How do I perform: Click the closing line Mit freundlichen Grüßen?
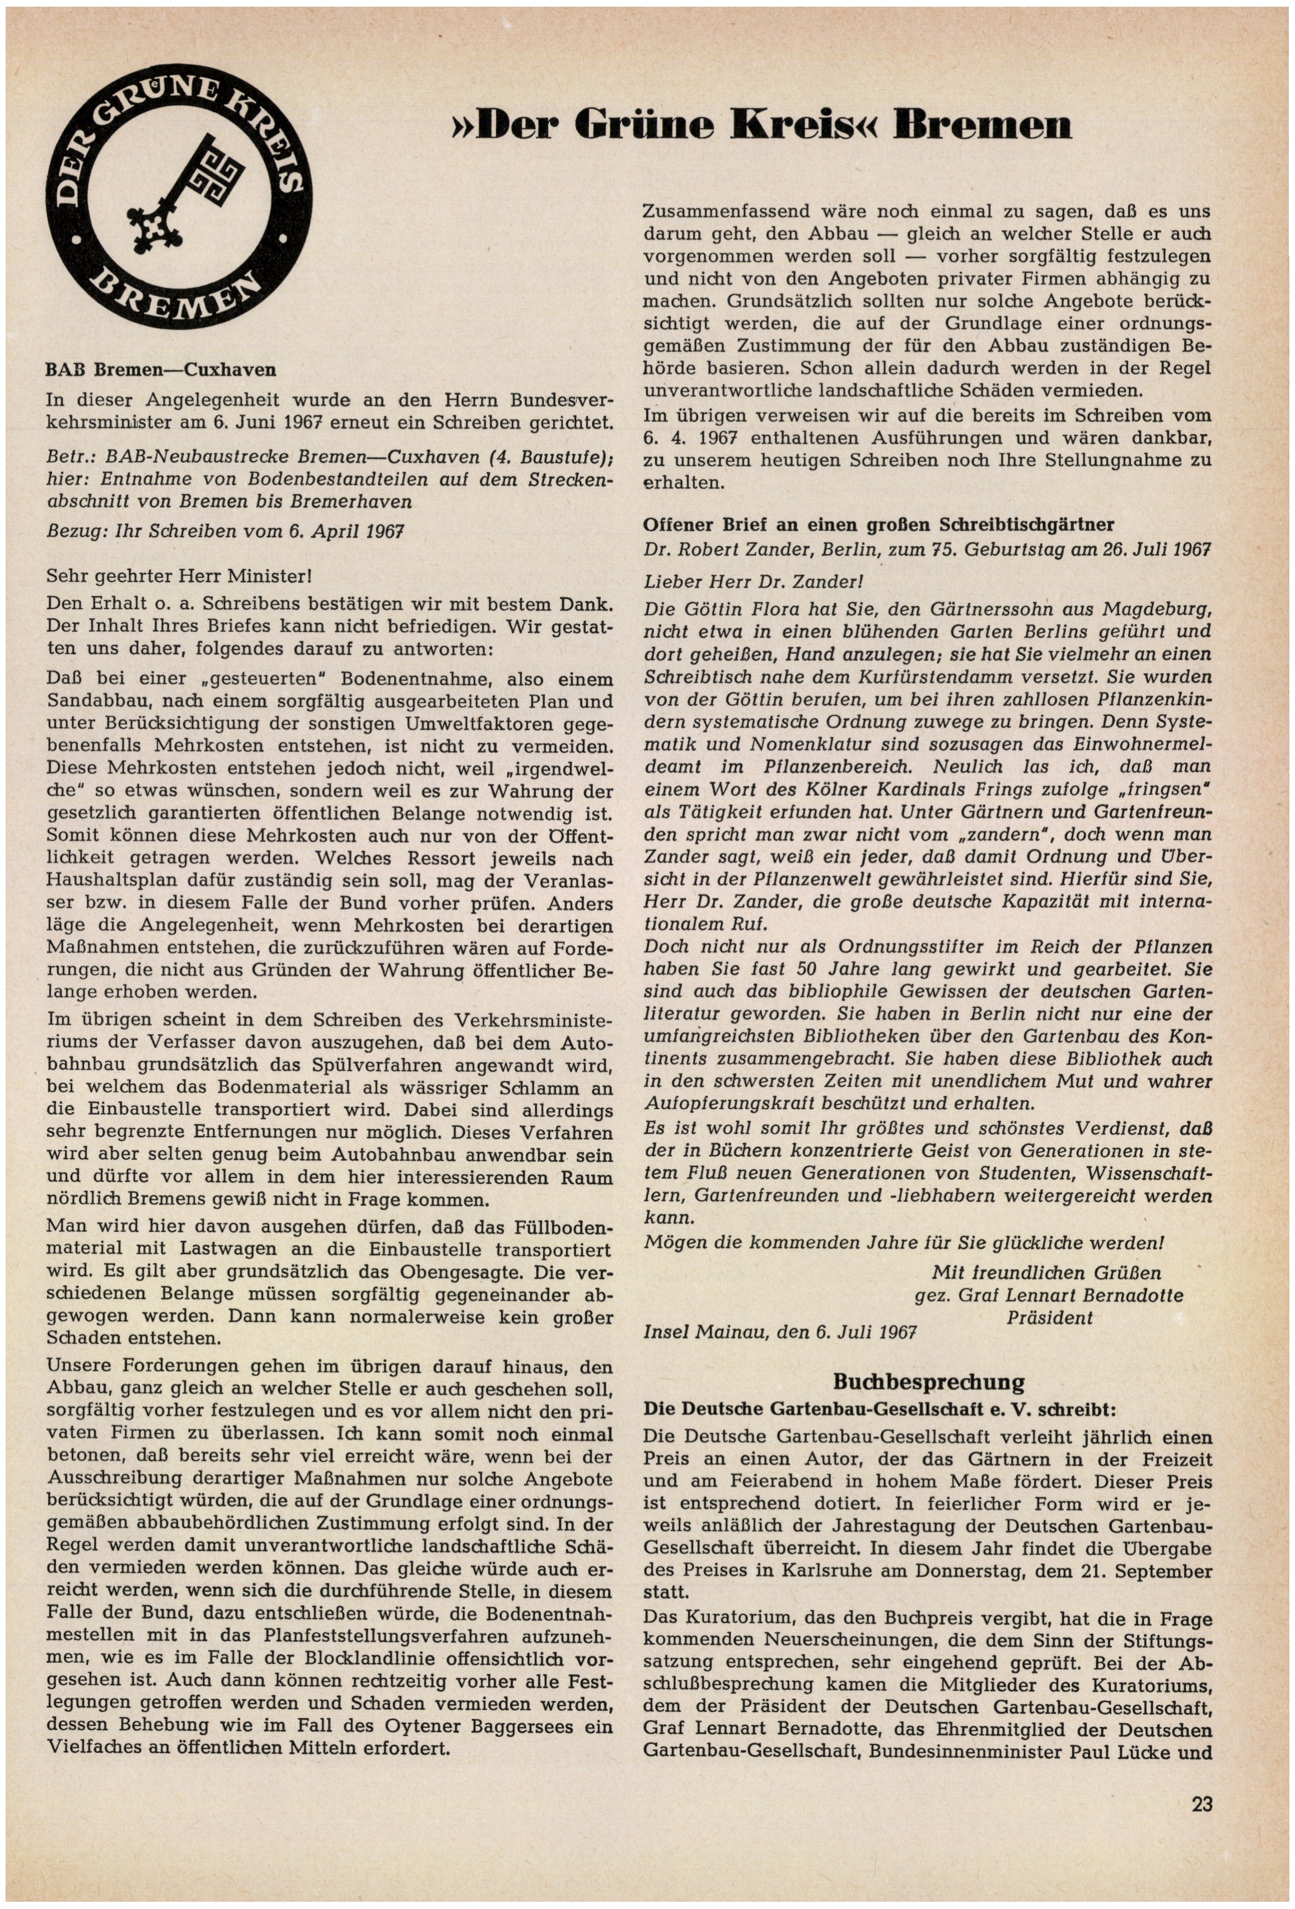point(1046,1273)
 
